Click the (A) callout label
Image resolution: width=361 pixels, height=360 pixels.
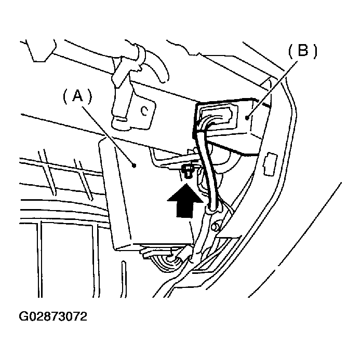click(x=77, y=95)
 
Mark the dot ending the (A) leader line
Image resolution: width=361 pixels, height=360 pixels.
click(x=135, y=166)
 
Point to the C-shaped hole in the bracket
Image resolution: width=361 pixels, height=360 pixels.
click(x=145, y=110)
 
